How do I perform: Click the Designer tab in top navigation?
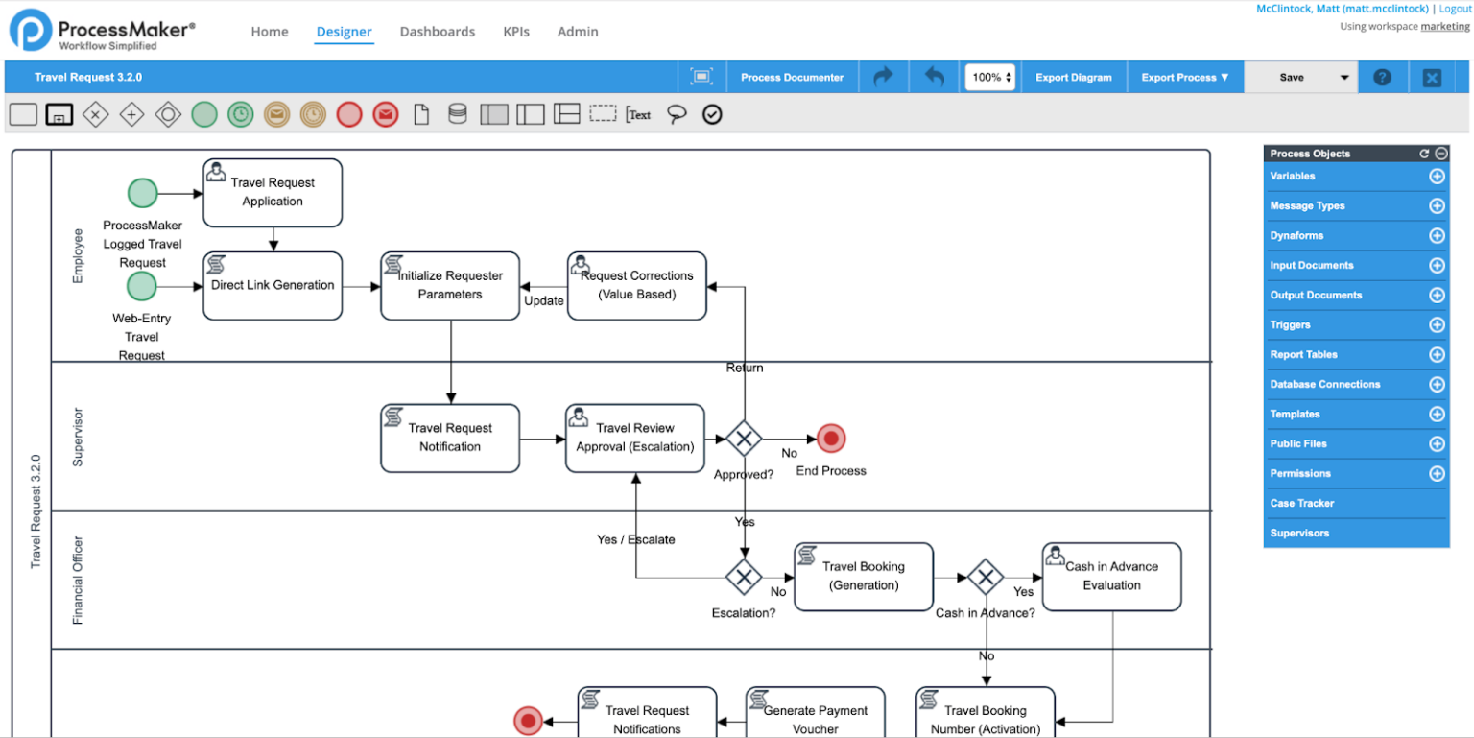point(344,32)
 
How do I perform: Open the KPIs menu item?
point(516,32)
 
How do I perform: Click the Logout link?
point(1455,9)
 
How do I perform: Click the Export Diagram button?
point(1073,78)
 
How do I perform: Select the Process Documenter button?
point(792,78)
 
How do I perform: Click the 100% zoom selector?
point(990,78)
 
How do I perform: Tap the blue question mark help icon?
point(1382,78)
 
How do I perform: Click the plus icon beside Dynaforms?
point(1437,236)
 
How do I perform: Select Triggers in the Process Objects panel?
point(1290,325)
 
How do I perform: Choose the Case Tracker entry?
point(1301,504)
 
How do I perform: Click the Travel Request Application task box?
point(273,193)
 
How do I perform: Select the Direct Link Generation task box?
point(273,286)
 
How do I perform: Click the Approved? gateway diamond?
point(744,440)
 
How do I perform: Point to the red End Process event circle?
point(831,440)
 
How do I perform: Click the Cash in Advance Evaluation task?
point(1111,577)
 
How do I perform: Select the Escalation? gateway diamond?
point(744,577)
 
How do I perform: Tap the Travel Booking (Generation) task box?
point(864,577)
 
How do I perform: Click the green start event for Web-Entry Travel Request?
point(141,286)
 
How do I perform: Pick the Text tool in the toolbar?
point(638,115)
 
